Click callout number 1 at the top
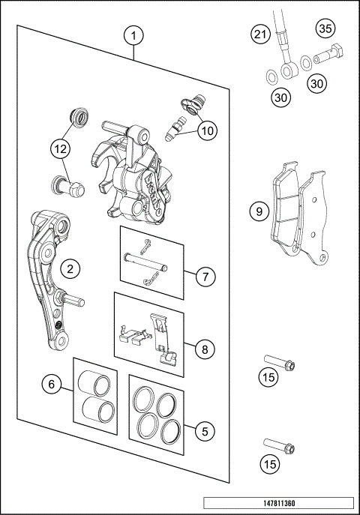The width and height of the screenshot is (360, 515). coord(133,35)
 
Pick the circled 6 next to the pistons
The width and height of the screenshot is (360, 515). coord(51,384)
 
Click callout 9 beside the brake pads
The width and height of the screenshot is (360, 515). coord(259,212)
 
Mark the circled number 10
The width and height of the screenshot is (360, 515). coord(207,130)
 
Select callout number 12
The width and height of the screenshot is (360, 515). coord(60,149)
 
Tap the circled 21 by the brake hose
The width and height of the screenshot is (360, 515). coord(260,34)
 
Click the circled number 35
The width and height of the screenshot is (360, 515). coord(325,29)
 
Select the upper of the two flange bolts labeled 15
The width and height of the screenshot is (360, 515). coord(280,365)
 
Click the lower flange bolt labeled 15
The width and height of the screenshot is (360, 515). coord(280,449)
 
